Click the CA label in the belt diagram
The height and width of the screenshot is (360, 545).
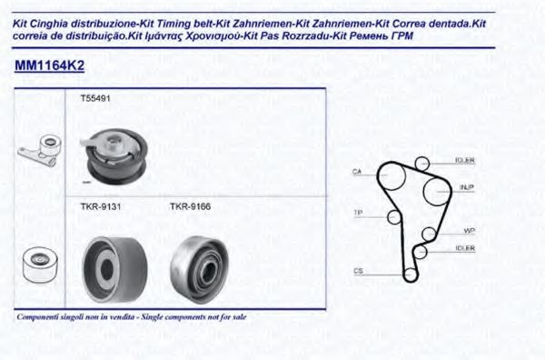click(357, 171)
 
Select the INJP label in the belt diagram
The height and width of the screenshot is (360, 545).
click(467, 187)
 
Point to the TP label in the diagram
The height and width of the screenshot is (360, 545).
click(357, 213)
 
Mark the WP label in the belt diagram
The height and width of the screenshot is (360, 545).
click(469, 230)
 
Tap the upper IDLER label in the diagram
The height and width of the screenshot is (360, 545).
click(464, 161)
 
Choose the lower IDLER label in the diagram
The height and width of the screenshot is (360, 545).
click(464, 248)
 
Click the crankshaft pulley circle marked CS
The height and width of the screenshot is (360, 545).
click(410, 273)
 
